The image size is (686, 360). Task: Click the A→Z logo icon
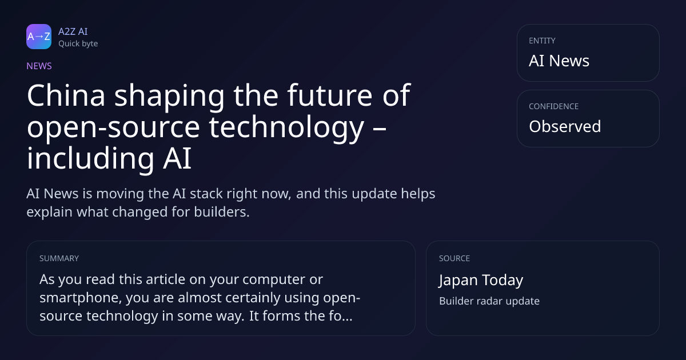pyautogui.click(x=39, y=37)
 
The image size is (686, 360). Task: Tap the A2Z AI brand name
pyautogui.click(x=73, y=31)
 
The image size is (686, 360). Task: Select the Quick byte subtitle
pyautogui.click(x=78, y=44)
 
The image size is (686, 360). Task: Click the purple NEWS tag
pyautogui.click(x=39, y=66)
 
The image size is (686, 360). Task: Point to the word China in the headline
pyautogui.click(x=66, y=95)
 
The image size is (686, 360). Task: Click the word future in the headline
pyautogui.click(x=330, y=95)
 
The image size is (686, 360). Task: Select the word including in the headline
pyautogui.click(x=90, y=159)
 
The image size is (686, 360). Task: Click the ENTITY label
pyautogui.click(x=542, y=41)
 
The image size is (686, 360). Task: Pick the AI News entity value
pyautogui.click(x=559, y=61)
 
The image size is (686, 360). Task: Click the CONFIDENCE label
pyautogui.click(x=554, y=106)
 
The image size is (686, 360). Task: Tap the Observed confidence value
pyautogui.click(x=565, y=126)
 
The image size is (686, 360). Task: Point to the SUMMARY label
pyautogui.click(x=59, y=258)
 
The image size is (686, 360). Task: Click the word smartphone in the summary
pyautogui.click(x=81, y=298)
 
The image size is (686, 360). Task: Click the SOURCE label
pyautogui.click(x=454, y=258)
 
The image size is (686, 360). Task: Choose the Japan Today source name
pyautogui.click(x=481, y=280)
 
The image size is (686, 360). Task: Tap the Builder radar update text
pyautogui.click(x=489, y=301)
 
